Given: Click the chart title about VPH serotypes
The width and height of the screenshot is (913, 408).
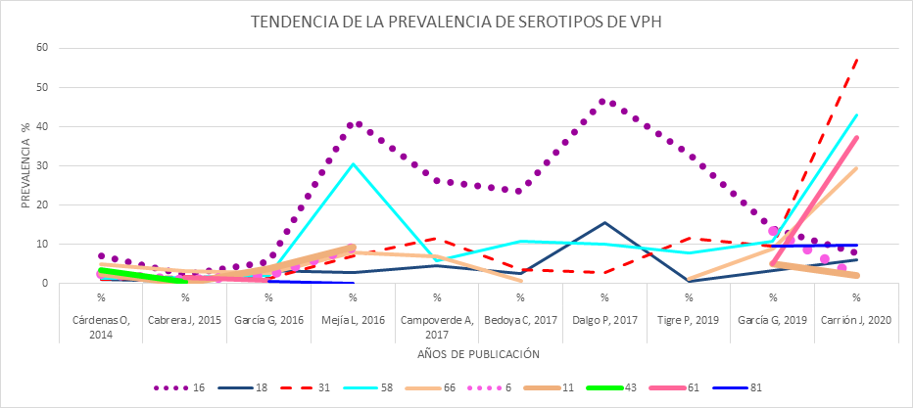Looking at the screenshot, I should [456, 22].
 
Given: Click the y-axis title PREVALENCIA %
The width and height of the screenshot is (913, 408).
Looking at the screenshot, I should [24, 166].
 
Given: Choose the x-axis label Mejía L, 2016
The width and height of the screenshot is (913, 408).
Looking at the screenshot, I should [353, 320].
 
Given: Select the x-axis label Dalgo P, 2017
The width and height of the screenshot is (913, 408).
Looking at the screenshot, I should [604, 320].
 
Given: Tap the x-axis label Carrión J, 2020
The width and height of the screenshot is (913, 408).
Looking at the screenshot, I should [856, 320].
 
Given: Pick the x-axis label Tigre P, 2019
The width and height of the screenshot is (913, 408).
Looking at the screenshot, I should [689, 320].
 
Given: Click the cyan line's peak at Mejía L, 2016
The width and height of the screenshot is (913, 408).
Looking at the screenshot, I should [353, 163].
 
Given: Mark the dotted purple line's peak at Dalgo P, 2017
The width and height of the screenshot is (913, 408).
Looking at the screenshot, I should [604, 101].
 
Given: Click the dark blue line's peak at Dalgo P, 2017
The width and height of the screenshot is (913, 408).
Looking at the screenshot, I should [604, 223].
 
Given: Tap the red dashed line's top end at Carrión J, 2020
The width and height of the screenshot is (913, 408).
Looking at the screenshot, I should [857, 59].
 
